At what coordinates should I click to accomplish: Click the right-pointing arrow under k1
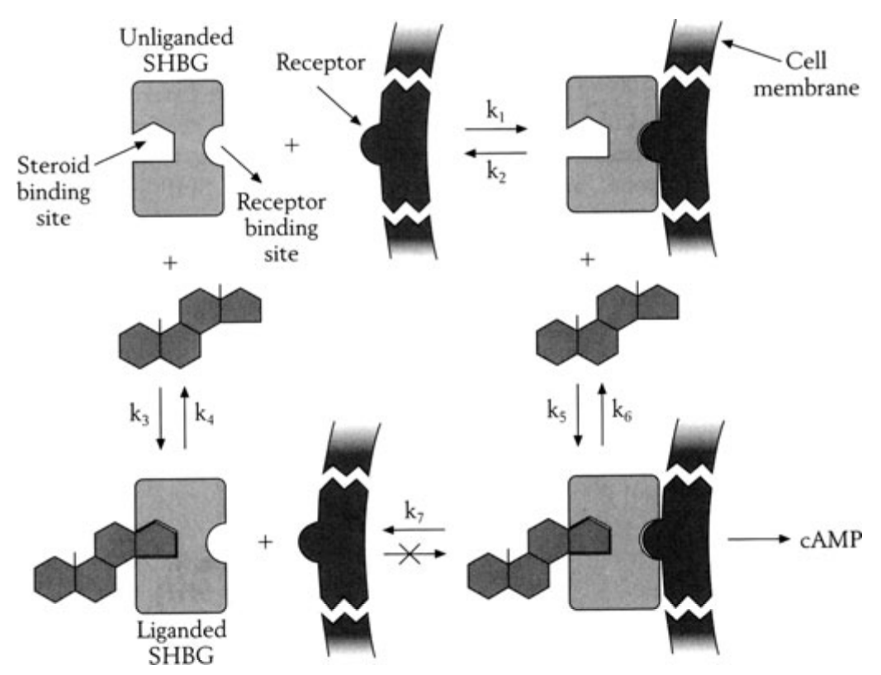(x=495, y=130)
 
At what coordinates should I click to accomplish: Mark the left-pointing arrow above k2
(x=495, y=152)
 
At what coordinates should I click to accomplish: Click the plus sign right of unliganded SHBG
(x=291, y=146)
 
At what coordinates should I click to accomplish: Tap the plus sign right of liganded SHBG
(x=266, y=542)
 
